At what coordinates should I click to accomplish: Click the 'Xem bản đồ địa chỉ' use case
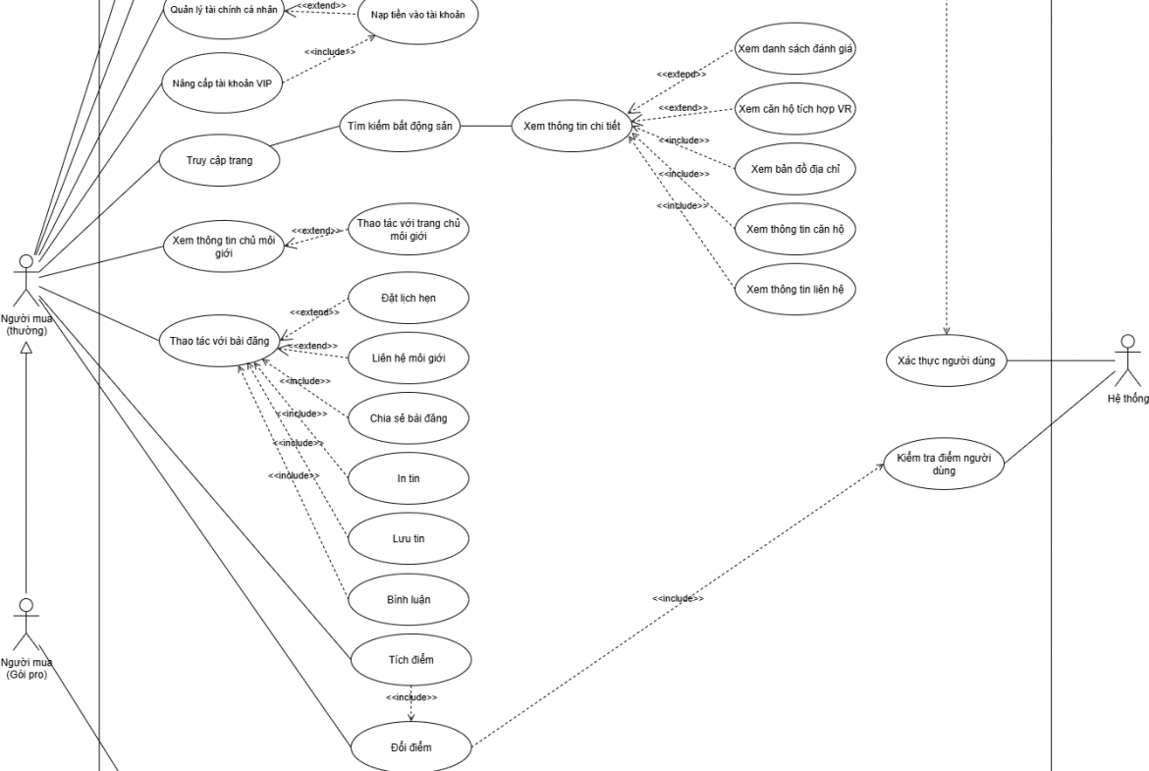[795, 169]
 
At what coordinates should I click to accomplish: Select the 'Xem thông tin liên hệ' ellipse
[795, 289]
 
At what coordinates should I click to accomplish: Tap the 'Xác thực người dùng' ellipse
[947, 360]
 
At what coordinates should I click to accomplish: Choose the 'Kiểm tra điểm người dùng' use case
[944, 463]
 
